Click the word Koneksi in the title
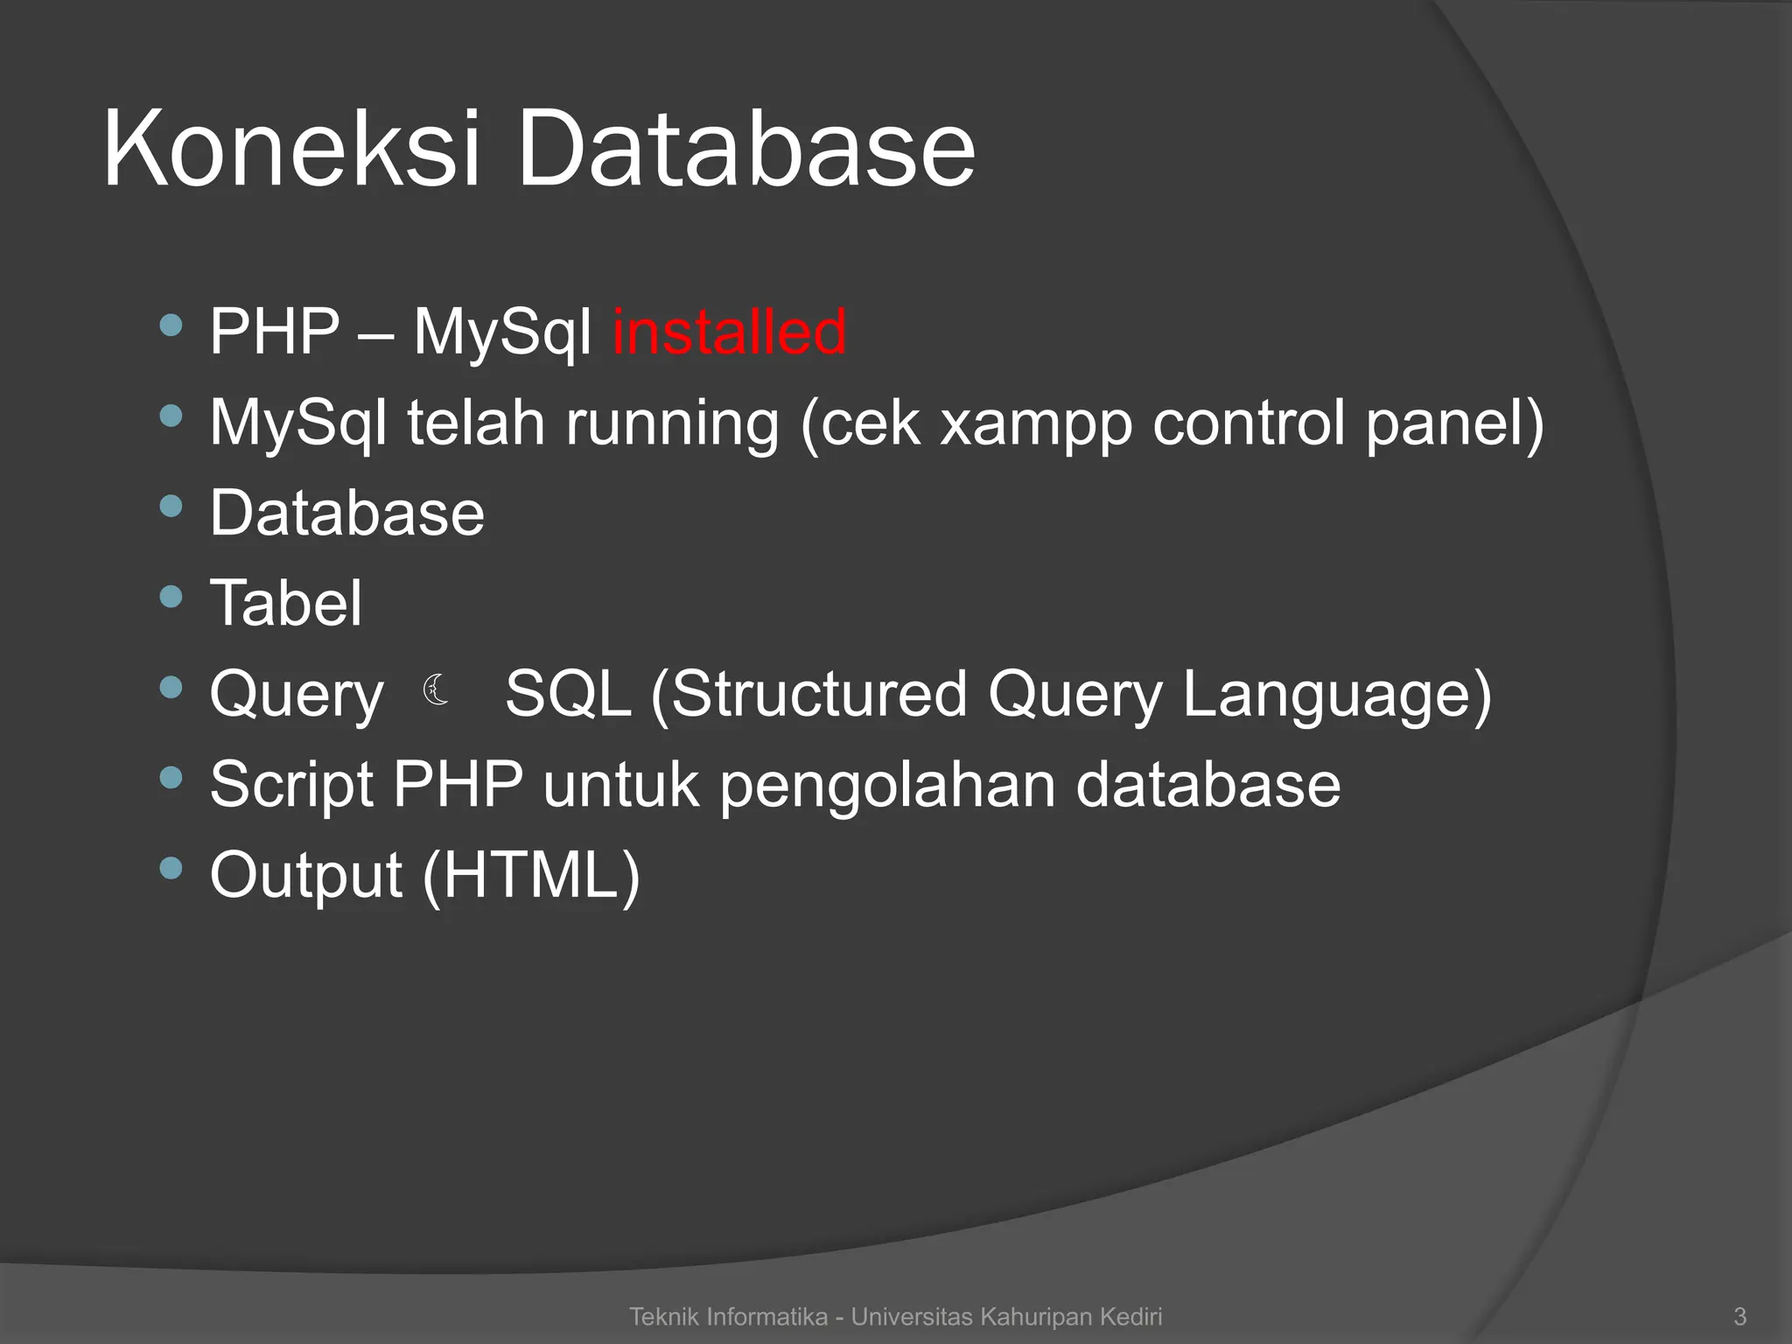click(x=291, y=149)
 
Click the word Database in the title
click(x=745, y=149)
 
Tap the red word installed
click(x=729, y=332)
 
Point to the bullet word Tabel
click(x=285, y=604)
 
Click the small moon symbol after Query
click(x=436, y=690)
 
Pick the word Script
click(x=291, y=786)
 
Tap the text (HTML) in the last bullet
click(x=531, y=875)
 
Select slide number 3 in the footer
click(x=1739, y=1316)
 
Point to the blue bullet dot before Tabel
click(x=171, y=597)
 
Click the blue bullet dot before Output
click(x=171, y=868)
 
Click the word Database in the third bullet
click(x=346, y=514)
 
